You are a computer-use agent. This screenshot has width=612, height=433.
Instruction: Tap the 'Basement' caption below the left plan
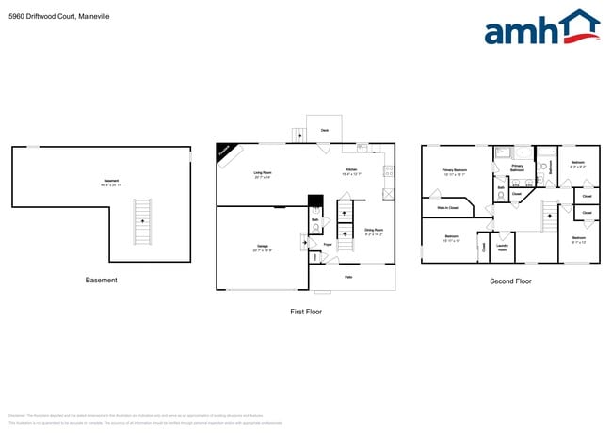tap(102, 280)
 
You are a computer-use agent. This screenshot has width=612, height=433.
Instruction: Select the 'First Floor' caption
tap(306, 311)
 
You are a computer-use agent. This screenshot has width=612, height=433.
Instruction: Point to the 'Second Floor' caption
tap(510, 281)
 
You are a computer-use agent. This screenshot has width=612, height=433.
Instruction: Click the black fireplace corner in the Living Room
tap(226, 152)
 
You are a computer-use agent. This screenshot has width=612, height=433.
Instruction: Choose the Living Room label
tap(262, 173)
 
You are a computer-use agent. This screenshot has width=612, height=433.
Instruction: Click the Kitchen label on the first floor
tap(351, 171)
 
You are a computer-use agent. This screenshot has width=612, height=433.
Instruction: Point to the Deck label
tap(324, 130)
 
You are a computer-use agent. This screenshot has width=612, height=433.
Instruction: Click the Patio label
tap(347, 276)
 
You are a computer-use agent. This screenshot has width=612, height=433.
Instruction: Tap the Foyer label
tap(328, 245)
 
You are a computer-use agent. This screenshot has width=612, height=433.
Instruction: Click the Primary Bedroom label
tap(455, 171)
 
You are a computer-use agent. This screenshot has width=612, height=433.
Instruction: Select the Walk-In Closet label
tap(447, 208)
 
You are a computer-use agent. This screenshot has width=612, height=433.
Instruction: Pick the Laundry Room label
tap(502, 249)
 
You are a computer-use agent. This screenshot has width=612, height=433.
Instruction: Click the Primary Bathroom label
tap(517, 168)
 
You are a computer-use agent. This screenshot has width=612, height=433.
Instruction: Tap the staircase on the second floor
tap(548, 216)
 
